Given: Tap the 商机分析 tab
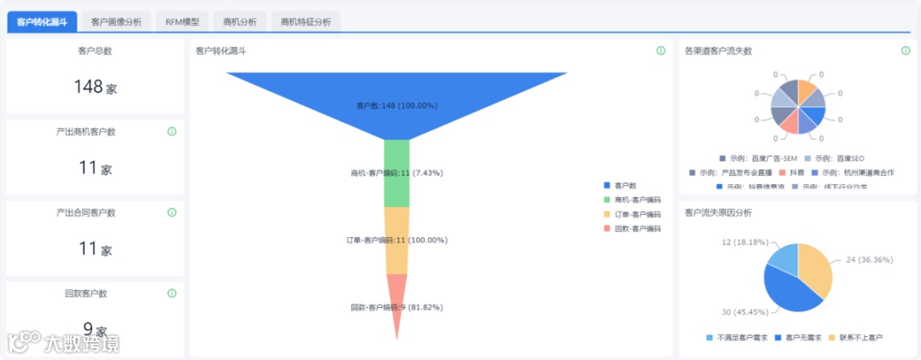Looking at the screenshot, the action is click(x=240, y=21).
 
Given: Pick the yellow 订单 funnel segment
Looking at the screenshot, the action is click(x=397, y=241).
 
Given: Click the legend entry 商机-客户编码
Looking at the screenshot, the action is click(x=636, y=200).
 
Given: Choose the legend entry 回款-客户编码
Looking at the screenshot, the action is click(x=636, y=229).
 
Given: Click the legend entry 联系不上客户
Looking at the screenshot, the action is click(x=860, y=338).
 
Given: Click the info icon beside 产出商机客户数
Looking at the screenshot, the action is click(x=171, y=131).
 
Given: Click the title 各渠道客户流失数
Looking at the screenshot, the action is click(x=718, y=51).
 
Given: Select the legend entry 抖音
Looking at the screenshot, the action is click(x=796, y=172).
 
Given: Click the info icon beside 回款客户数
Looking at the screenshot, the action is click(x=171, y=293).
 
